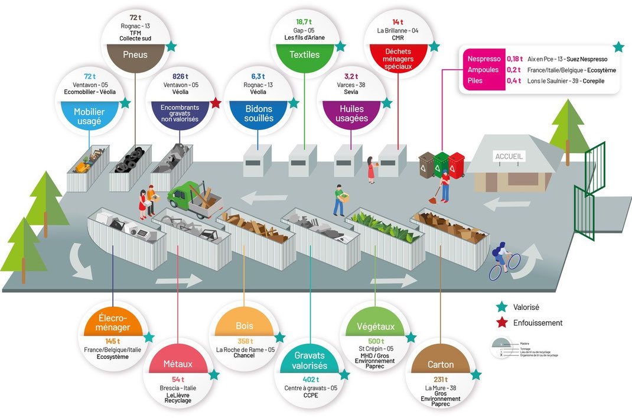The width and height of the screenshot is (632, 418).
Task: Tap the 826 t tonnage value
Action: coord(180,76)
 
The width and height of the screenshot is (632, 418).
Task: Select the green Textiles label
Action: coord(305,54)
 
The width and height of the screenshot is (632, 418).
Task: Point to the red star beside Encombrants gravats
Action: coord(216,103)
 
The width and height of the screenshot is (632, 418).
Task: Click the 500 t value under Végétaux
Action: coord(375,341)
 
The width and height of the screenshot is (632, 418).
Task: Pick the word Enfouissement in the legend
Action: coord(538,323)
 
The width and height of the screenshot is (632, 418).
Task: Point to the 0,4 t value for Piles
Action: coord(514,80)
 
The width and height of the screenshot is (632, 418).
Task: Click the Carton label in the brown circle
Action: coord(441,365)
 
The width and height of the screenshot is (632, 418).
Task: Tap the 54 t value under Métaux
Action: coord(178,378)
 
